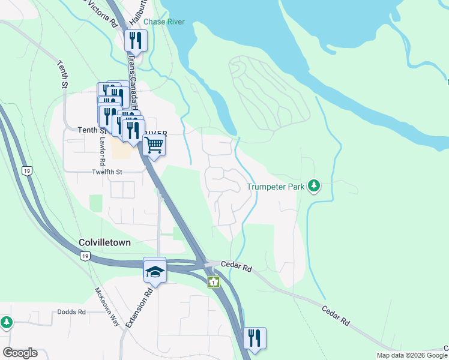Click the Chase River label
click(x=164, y=22)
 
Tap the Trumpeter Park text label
click(x=276, y=187)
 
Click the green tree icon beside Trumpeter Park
click(x=313, y=185)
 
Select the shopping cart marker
click(x=154, y=145)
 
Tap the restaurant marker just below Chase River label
click(x=135, y=40)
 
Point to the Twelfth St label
click(x=107, y=172)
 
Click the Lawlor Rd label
click(x=103, y=152)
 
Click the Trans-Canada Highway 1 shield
click(x=213, y=282)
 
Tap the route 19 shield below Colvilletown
click(x=85, y=256)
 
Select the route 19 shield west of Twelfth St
click(x=27, y=171)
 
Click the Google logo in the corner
click(x=20, y=353)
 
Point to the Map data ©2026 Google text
click(x=412, y=355)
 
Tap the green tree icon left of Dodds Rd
click(x=6, y=323)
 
